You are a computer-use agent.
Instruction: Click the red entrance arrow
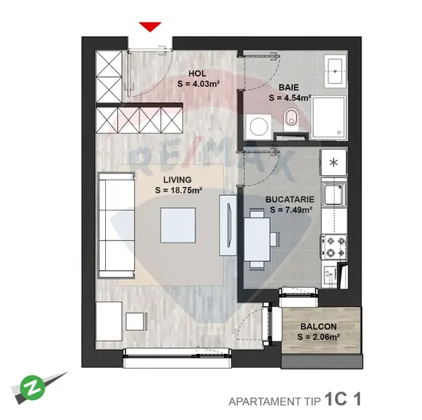(150, 27)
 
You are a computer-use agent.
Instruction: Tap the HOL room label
(197, 73)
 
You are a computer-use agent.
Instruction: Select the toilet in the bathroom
(291, 117)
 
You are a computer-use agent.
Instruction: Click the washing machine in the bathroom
(259, 127)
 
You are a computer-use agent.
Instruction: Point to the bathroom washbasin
(335, 71)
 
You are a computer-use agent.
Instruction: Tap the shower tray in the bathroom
(328, 117)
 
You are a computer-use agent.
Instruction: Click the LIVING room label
(177, 180)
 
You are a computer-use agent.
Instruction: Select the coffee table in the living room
(178, 225)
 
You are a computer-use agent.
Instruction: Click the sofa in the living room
(117, 225)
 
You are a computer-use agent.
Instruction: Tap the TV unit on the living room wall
(228, 225)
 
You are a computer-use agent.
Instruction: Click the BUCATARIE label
(290, 200)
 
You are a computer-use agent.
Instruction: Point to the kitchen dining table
(257, 240)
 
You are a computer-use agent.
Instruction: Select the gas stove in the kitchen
(334, 246)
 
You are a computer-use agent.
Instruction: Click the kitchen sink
(334, 194)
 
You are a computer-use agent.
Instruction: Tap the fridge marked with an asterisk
(334, 163)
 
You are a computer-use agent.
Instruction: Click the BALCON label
(318, 326)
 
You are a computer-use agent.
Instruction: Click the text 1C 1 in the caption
(343, 399)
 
